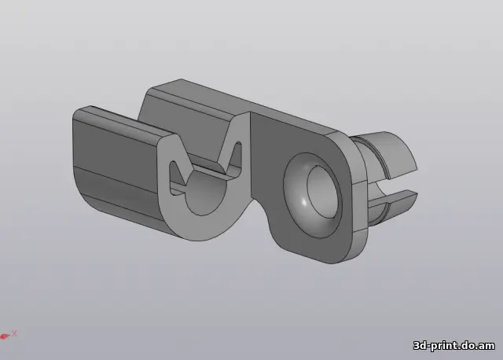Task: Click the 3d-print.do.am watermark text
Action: click(x=454, y=346)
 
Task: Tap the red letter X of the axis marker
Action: click(x=14, y=333)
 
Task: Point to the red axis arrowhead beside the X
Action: click(x=5, y=336)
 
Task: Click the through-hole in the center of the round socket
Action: click(x=322, y=192)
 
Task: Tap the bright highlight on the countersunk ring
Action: click(x=303, y=202)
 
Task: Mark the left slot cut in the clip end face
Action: click(x=177, y=178)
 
